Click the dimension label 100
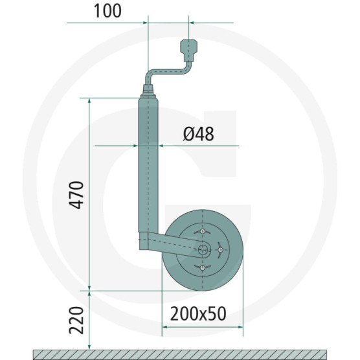click(x=107, y=11)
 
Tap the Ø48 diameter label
click(x=199, y=133)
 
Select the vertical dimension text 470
click(x=76, y=195)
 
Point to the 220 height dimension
click(x=76, y=320)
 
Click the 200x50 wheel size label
click(x=198, y=314)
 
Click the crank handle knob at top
click(x=189, y=51)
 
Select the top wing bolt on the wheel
click(x=202, y=232)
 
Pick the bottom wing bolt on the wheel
click(x=202, y=267)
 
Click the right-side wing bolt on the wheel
click(x=220, y=249)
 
